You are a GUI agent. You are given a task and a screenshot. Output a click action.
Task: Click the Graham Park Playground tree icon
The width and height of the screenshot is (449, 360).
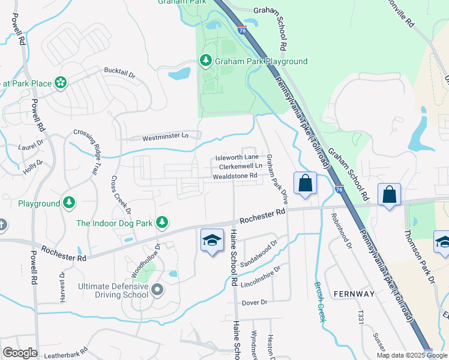pos(205,61)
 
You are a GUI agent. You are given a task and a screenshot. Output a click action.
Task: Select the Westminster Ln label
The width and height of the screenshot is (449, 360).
pos(165,137)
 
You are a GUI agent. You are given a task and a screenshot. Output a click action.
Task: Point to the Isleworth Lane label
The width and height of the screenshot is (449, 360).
pos(237,158)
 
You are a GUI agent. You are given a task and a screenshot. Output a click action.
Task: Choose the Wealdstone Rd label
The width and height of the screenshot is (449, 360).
pos(235,176)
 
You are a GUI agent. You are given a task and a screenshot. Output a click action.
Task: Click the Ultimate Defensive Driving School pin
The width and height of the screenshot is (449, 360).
pos(157,290)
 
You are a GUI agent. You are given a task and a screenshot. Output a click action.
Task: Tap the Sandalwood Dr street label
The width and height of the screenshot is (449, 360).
pos(259,255)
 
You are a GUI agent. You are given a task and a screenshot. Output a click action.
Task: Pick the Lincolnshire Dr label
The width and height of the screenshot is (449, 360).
pos(261,277)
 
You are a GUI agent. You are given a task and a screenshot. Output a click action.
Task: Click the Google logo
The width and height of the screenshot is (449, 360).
pos(20,353)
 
